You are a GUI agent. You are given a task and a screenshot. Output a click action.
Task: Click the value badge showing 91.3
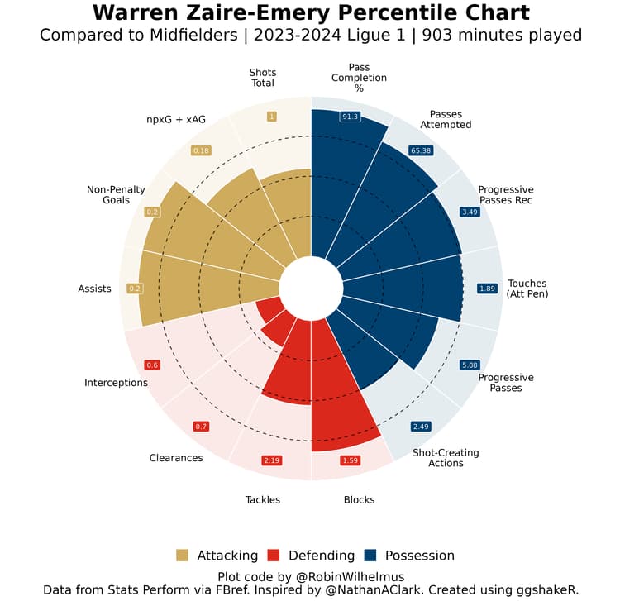350,117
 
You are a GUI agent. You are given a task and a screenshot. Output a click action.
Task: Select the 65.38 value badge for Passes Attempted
420,151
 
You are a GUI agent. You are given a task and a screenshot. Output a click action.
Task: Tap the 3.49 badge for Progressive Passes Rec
470,212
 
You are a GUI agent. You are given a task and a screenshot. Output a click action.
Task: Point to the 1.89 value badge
488,289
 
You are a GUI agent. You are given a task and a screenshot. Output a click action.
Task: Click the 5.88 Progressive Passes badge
470,365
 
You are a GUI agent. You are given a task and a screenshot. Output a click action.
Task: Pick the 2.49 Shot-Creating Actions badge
421,427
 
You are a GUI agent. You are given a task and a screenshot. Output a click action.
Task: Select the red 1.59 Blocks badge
350,460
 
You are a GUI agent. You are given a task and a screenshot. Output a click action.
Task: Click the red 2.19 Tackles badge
272,460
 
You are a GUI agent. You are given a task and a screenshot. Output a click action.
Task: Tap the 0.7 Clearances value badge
201,427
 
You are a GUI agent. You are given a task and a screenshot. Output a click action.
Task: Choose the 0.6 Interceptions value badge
152,365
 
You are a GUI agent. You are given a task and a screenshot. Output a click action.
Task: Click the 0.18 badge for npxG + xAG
201,151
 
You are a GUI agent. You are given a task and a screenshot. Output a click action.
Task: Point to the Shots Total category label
262,78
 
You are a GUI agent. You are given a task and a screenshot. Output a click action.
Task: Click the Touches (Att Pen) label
527,289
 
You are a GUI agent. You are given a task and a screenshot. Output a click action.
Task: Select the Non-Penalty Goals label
116,195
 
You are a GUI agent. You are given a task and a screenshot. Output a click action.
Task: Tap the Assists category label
94,289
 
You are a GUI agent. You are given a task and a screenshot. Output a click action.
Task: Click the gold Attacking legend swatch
183,556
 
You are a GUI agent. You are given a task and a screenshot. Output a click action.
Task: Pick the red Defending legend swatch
274,556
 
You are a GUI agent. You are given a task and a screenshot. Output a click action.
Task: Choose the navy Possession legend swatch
370,556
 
